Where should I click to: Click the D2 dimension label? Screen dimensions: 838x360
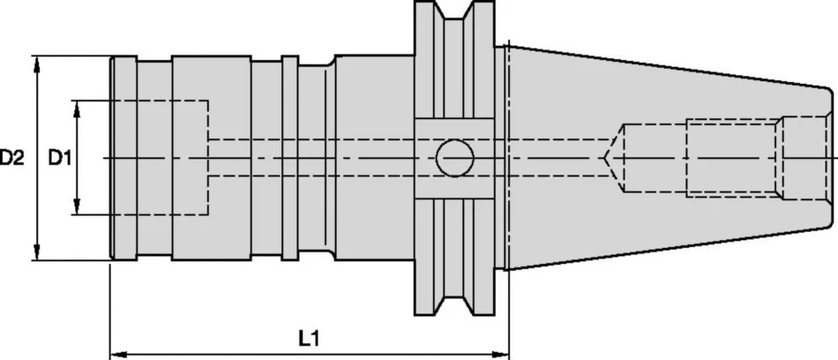coord(11,158)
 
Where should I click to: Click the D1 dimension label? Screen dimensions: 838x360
coord(60,158)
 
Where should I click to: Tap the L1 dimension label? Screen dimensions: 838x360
coord(309,338)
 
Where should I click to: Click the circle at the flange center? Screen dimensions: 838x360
coord(455,158)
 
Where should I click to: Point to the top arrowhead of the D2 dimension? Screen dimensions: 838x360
coord(36,64)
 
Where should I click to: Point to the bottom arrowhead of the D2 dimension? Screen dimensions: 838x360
coord(36,252)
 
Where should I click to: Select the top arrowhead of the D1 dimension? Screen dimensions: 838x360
coord(77,109)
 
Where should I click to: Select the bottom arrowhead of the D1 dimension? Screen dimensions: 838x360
coord(77,207)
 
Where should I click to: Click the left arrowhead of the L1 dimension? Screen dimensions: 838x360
coord(118,354)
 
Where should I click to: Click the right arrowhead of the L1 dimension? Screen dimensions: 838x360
coord(501,354)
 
